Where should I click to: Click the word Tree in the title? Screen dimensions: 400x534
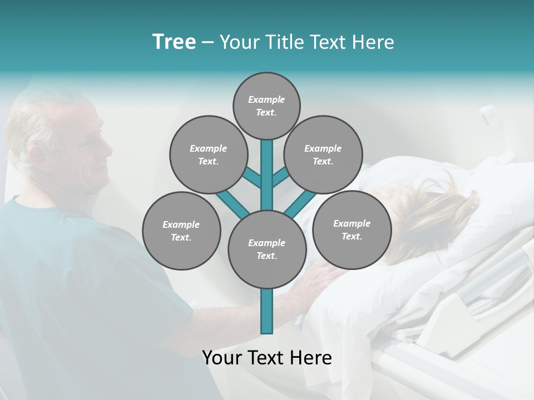pyautogui.click(x=174, y=42)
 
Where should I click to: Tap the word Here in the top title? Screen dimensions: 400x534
pyautogui.click(x=374, y=42)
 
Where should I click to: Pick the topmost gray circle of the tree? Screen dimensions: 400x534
pyautogui.click(x=266, y=106)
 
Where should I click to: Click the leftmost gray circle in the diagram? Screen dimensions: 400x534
pyautogui.click(x=181, y=231)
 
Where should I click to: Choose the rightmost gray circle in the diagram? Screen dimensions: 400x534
pyautogui.click(x=352, y=229)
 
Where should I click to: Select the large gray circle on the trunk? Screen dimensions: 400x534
pyautogui.click(x=267, y=249)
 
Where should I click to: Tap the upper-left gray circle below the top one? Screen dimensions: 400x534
pyautogui.click(x=209, y=154)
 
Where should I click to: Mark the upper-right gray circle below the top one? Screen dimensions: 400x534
pyautogui.click(x=323, y=154)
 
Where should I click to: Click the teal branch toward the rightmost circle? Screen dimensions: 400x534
pyautogui.click(x=300, y=204)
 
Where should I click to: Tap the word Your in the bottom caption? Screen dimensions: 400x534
pyautogui.click(x=221, y=358)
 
